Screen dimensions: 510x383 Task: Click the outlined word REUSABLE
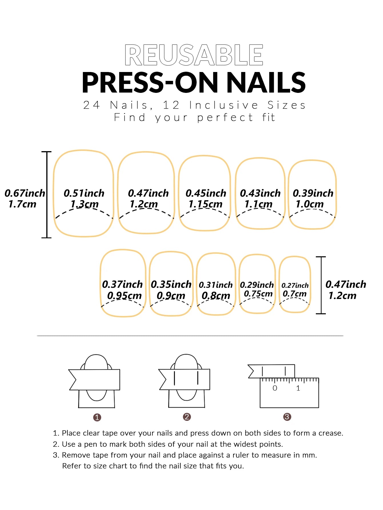(194, 55)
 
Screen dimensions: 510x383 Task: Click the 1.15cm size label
(205, 204)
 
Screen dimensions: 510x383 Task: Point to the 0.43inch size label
(260, 193)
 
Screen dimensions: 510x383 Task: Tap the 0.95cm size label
(124, 295)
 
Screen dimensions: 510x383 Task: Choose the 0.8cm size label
(216, 295)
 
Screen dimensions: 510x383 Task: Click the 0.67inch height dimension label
(25, 193)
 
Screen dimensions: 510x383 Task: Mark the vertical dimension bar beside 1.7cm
(47, 194)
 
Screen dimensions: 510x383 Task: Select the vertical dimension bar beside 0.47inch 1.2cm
(321, 285)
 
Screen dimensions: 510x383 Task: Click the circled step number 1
(97, 417)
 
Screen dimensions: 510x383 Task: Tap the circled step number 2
(187, 417)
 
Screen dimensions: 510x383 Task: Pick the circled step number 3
(287, 417)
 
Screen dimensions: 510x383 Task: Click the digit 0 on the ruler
(275, 388)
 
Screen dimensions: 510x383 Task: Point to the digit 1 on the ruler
(298, 388)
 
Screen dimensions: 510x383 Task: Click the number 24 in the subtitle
(91, 105)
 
